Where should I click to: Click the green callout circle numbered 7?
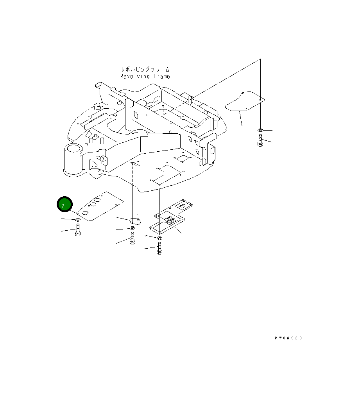click(x=64, y=205)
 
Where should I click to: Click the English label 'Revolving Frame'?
click(x=145, y=77)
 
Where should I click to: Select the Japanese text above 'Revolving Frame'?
click(x=145, y=69)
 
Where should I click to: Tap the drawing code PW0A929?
click(x=288, y=338)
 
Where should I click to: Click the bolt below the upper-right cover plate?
click(x=260, y=140)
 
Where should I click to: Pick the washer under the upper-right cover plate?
click(x=260, y=130)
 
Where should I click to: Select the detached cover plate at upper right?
click(x=244, y=102)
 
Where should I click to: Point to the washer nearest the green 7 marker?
click(x=78, y=221)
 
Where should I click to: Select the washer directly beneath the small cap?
click(x=132, y=228)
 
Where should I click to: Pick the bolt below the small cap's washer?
click(x=132, y=238)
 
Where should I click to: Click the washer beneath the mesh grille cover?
click(x=160, y=237)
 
